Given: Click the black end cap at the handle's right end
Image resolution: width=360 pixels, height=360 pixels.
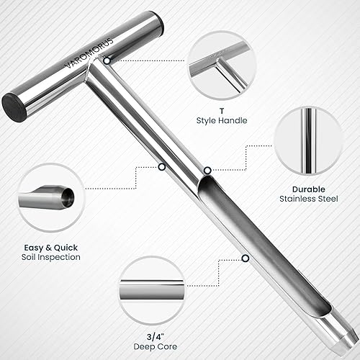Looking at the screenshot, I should (x=157, y=22).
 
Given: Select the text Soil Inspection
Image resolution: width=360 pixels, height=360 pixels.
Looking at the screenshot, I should (x=50, y=256).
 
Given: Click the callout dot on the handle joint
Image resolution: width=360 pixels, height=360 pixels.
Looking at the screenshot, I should (x=106, y=61).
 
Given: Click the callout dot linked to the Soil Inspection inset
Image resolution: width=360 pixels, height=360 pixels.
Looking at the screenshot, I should (x=161, y=167).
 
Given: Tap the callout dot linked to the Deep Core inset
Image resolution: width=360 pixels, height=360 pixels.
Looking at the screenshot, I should (x=246, y=258).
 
